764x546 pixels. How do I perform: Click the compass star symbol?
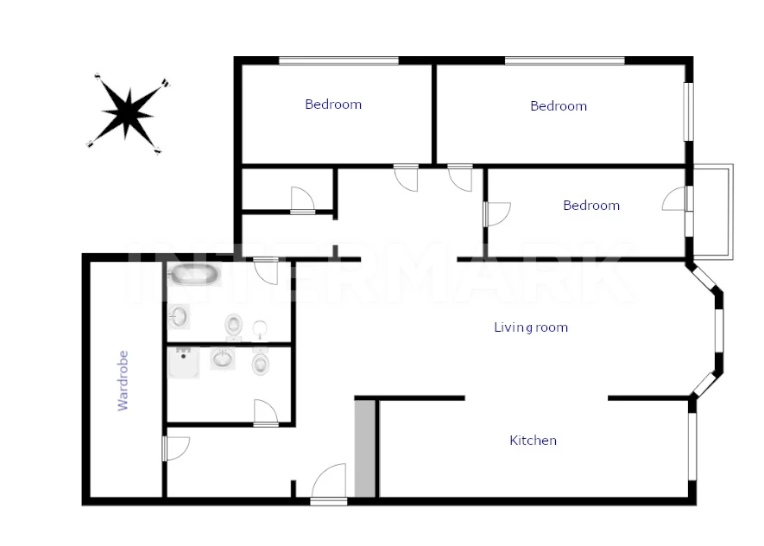129,113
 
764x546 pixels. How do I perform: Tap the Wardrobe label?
123,381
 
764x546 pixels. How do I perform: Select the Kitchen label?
533,441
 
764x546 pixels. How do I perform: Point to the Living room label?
531,327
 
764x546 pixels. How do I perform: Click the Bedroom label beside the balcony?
591,206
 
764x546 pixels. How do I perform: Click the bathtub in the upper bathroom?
194,275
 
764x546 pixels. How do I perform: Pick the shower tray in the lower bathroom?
184,362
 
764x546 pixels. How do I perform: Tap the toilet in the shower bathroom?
262,363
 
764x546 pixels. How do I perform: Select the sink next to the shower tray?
223,359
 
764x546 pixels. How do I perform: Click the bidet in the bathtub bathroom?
260,329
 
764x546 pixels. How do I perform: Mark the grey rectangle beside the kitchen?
365,448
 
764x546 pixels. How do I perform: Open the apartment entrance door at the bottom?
329,484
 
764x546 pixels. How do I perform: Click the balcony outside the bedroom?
713,212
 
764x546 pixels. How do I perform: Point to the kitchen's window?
692,447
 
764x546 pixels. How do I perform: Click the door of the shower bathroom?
266,414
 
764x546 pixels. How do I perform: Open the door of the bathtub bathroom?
266,271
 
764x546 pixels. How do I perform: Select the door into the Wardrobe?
176,448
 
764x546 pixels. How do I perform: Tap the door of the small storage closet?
303,200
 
